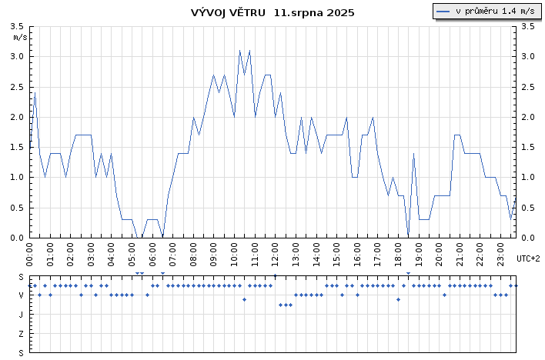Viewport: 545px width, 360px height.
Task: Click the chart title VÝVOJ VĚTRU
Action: click(229, 12)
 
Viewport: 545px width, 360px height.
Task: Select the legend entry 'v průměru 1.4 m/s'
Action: click(486, 11)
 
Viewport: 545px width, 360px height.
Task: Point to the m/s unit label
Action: click(20, 36)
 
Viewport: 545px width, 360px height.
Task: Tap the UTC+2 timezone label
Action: click(528, 258)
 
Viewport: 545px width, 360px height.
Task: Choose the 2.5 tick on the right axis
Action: click(527, 87)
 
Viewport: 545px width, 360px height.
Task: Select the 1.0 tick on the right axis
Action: click(527, 178)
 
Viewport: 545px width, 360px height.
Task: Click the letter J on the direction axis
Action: click(22, 315)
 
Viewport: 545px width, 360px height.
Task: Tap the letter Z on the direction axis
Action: click(22, 334)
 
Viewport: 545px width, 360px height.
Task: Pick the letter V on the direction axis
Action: click(22, 295)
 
